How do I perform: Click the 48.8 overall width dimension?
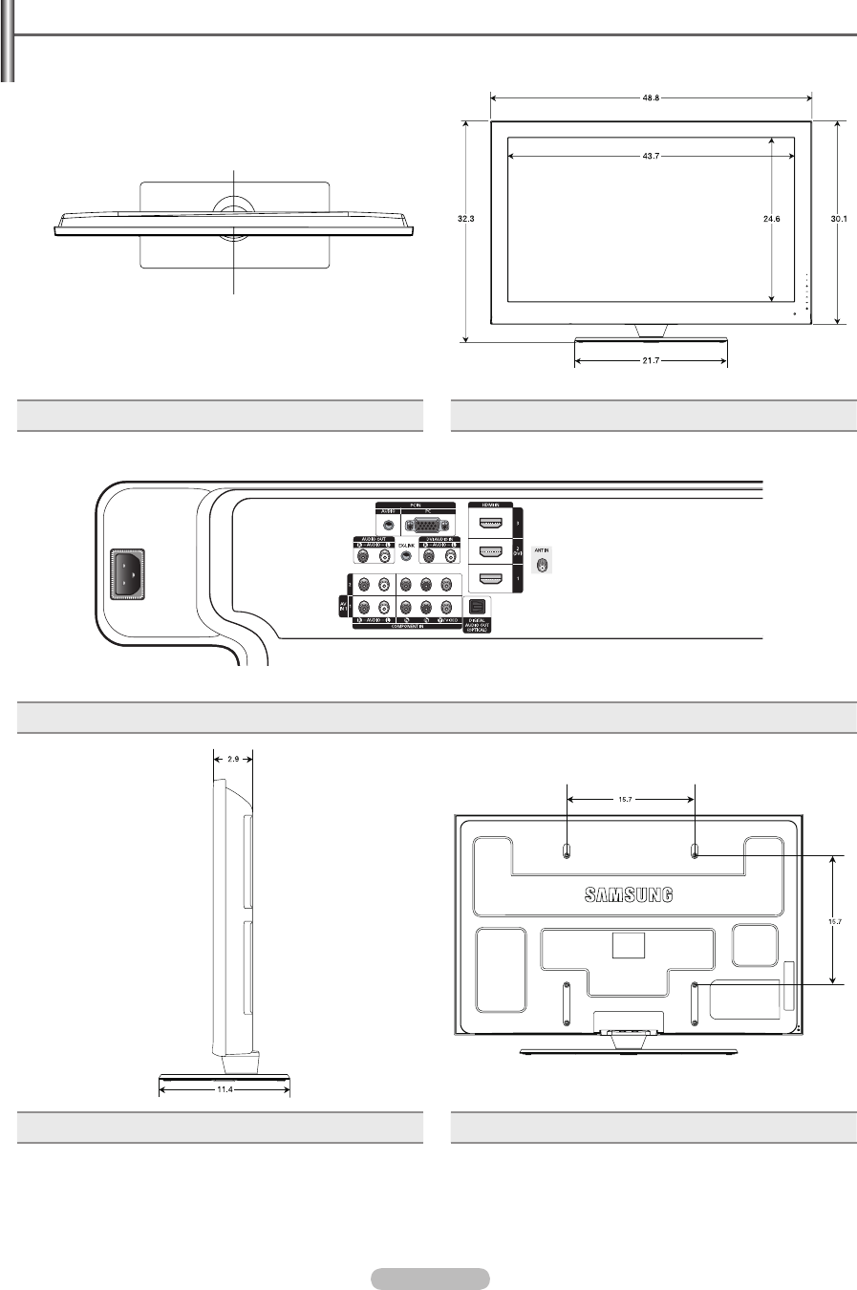click(x=650, y=97)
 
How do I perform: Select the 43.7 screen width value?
click(x=650, y=158)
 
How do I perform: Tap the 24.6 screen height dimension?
click(x=772, y=219)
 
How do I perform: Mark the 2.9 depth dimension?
click(x=232, y=758)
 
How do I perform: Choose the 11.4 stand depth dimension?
click(x=224, y=1087)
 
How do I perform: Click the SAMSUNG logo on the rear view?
click(x=629, y=895)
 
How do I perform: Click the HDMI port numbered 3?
click(x=490, y=523)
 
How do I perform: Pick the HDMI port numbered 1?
click(x=490, y=579)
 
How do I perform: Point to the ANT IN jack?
click(x=542, y=565)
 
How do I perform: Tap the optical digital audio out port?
click(x=478, y=605)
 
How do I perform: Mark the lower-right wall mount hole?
click(x=695, y=985)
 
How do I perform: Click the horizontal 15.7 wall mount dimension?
click(x=632, y=797)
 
